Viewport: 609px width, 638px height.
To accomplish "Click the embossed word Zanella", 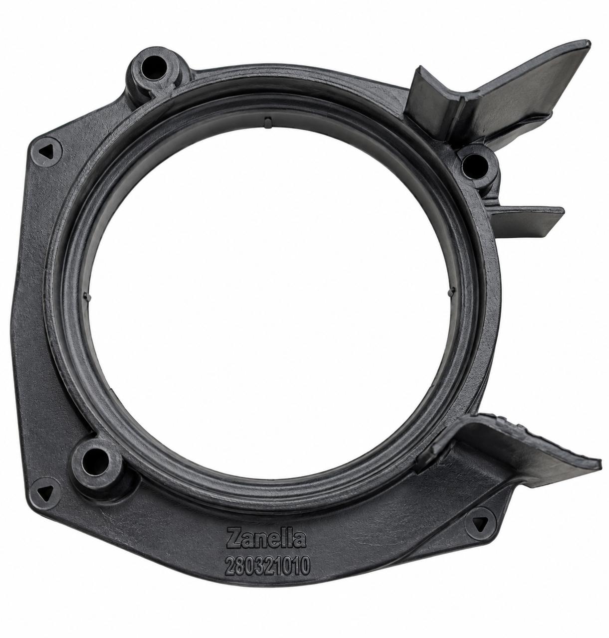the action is click(266, 538).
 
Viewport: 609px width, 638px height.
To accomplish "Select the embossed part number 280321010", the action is click(267, 566).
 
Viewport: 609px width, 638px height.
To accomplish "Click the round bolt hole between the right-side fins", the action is click(475, 165).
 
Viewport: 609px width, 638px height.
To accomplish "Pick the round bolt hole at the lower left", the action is click(95, 462).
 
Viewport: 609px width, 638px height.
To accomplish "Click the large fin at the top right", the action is click(500, 94).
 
